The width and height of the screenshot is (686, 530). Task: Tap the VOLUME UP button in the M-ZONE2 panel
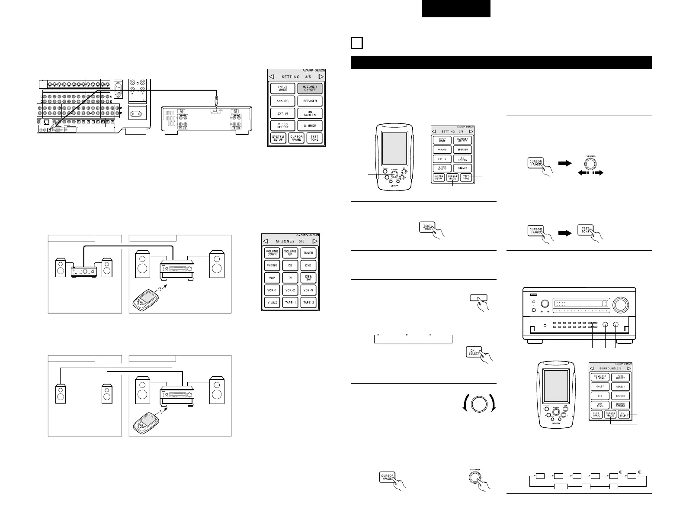click(290, 253)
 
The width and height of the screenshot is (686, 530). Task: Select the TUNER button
click(308, 253)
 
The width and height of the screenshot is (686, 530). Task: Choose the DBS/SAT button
click(308, 278)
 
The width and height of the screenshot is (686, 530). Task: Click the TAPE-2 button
click(308, 302)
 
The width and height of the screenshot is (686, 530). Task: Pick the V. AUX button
click(272, 302)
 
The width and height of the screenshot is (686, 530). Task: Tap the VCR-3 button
click(308, 290)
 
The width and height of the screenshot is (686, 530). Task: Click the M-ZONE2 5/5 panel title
click(290, 241)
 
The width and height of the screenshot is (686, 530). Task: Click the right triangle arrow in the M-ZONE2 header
click(315, 241)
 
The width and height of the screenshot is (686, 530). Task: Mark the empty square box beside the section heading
click(356, 44)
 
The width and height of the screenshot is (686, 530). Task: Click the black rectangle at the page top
click(456, 9)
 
